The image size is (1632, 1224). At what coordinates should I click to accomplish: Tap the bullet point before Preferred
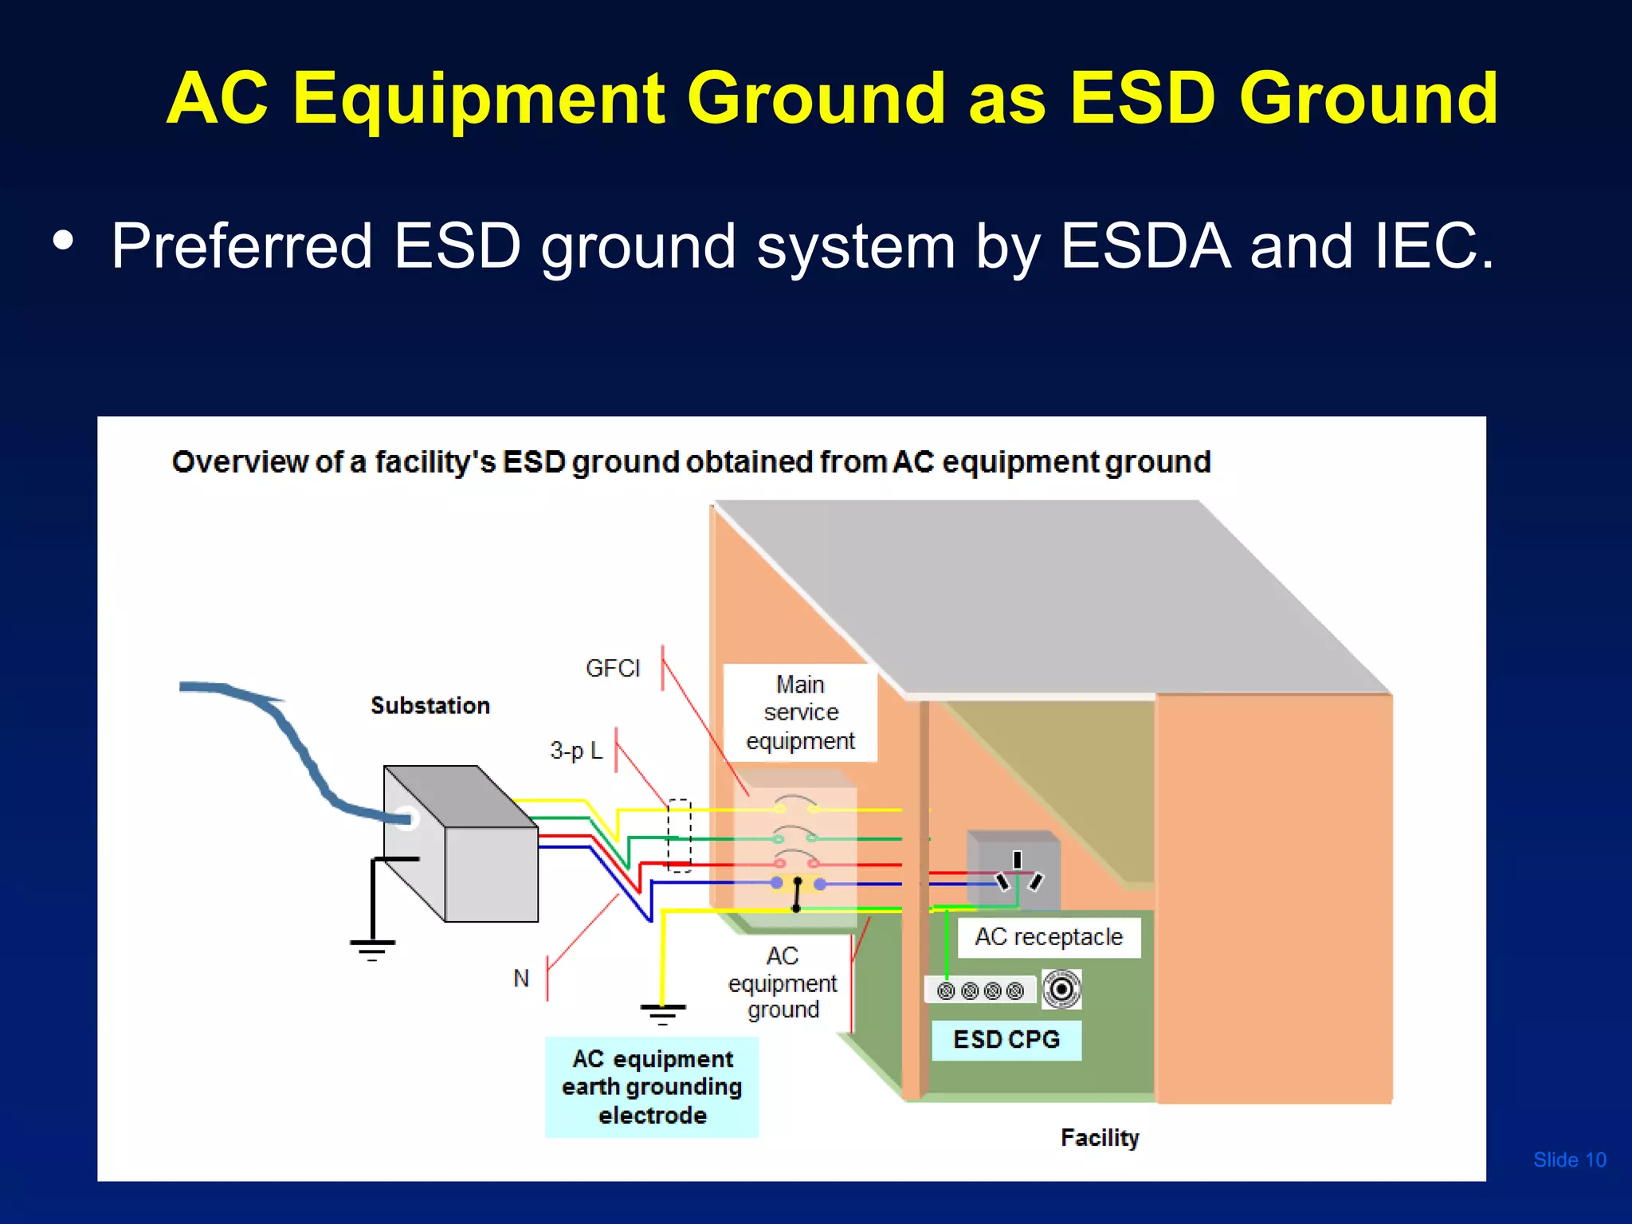click(x=64, y=241)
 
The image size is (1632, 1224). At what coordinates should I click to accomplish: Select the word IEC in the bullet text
click(x=1434, y=246)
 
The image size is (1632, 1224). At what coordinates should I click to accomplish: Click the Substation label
click(x=430, y=705)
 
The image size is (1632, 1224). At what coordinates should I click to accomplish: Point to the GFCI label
click(x=612, y=668)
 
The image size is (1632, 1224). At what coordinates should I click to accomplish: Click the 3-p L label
click(x=576, y=751)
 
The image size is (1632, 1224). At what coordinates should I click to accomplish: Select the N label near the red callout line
click(x=521, y=978)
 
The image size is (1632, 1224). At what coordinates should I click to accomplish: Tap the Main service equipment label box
click(x=800, y=712)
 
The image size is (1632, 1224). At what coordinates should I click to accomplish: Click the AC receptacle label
click(x=1049, y=937)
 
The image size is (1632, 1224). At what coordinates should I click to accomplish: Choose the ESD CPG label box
click(x=1006, y=1040)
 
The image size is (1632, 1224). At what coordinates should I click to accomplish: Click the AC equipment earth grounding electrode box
click(x=652, y=1087)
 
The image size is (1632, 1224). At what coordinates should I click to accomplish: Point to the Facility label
click(x=1100, y=1137)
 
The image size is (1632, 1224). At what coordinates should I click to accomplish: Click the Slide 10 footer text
click(x=1569, y=1159)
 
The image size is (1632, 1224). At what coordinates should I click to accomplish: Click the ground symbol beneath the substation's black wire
click(x=372, y=949)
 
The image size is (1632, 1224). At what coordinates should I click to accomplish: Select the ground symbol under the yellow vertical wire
click(x=662, y=1014)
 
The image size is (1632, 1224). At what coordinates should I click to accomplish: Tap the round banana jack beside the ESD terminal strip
click(x=1061, y=990)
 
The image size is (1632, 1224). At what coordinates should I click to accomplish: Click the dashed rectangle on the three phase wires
click(x=679, y=835)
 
